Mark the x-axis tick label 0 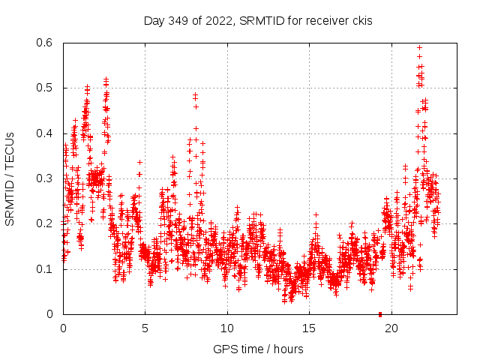tap(64, 328)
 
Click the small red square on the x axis tap(380, 314)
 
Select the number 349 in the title tap(179, 20)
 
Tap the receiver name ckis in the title tap(361, 20)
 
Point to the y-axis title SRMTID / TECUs tap(10, 178)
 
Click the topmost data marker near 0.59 tap(419, 48)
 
